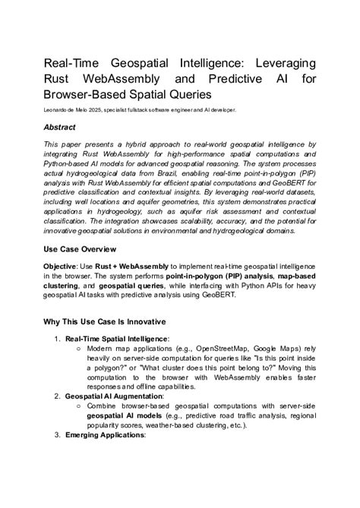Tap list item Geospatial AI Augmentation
click(113, 396)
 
